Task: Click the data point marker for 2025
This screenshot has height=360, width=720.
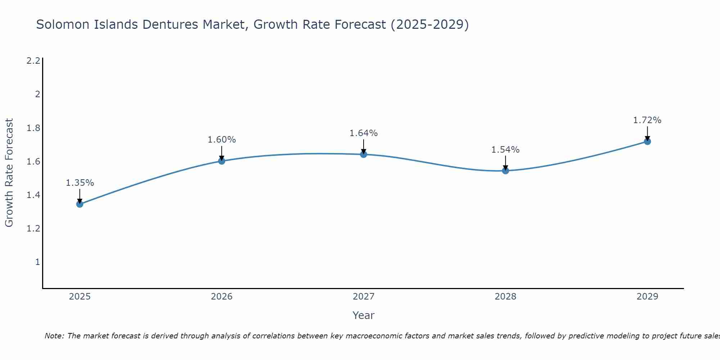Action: [80, 204]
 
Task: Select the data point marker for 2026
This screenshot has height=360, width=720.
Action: [222, 161]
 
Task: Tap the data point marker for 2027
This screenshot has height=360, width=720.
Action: [364, 154]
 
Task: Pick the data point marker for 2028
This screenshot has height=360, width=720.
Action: [505, 171]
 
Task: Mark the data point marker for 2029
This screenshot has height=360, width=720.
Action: [647, 141]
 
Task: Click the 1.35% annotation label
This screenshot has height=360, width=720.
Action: [80, 183]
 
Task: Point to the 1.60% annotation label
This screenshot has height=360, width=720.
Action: [222, 140]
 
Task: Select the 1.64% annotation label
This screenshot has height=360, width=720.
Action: [364, 133]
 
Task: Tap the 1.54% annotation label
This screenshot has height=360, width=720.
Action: [505, 150]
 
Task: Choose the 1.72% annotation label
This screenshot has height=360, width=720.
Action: [647, 120]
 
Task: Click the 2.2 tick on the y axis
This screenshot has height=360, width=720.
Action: [33, 61]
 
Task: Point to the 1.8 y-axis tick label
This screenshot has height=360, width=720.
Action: [33, 128]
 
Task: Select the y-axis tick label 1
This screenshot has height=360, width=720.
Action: [37, 262]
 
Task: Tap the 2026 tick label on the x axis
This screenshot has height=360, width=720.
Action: [222, 297]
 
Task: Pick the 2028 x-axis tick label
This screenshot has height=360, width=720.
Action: [505, 297]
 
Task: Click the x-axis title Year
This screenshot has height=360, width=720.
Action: [364, 315]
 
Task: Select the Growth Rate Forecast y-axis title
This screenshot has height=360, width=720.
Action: [9, 173]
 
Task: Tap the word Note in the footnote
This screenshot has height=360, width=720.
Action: [54, 336]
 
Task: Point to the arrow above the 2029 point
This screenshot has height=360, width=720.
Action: [647, 133]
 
